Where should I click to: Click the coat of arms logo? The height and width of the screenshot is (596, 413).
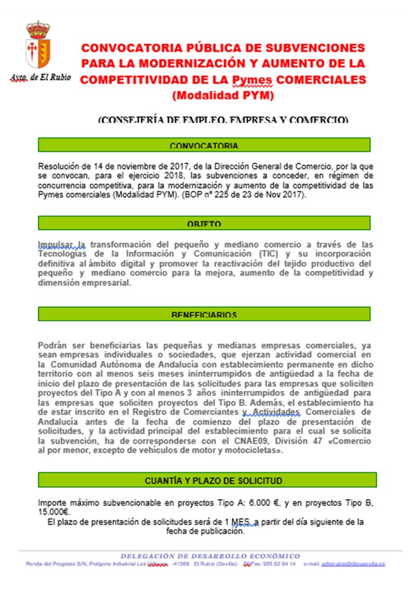pyautogui.click(x=38, y=46)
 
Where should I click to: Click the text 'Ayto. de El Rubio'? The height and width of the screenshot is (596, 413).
pyautogui.click(x=40, y=77)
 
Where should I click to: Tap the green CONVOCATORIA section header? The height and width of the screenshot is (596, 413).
pyautogui.click(x=204, y=145)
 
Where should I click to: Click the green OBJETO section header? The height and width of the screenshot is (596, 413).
pyautogui.click(x=204, y=223)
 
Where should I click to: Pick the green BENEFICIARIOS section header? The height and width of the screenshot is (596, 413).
pyautogui.click(x=204, y=314)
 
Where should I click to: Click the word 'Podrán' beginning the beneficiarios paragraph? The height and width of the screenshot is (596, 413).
pyautogui.click(x=51, y=346)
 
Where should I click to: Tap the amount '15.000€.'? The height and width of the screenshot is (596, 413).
pyautogui.click(x=54, y=512)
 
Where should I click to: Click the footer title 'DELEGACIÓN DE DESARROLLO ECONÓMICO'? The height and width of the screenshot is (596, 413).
pyautogui.click(x=210, y=556)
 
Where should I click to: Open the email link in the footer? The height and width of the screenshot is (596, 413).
pyautogui.click(x=353, y=564)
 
